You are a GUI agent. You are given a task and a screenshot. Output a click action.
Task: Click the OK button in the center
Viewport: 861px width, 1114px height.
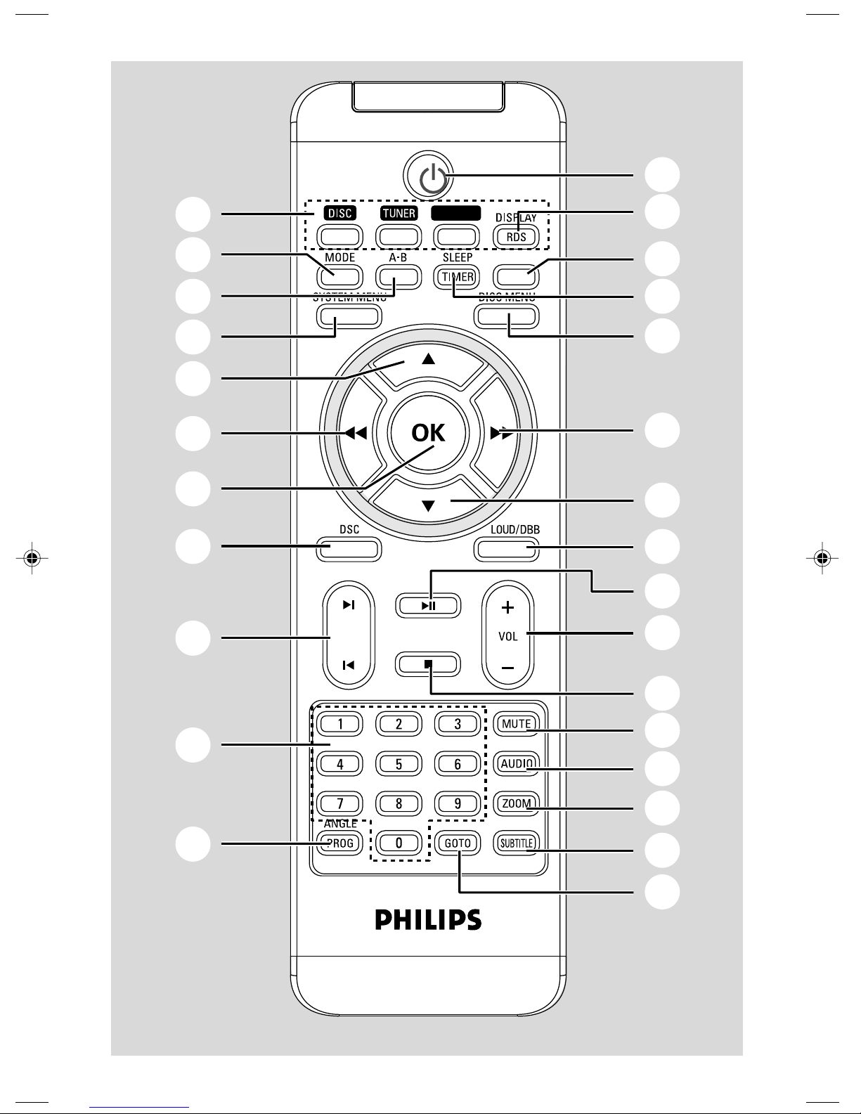pyautogui.click(x=428, y=432)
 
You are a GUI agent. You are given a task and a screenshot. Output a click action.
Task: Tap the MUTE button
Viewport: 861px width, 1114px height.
pyautogui.click(x=516, y=723)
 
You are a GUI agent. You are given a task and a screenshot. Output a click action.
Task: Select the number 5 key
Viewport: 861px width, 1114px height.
pyautogui.click(x=399, y=763)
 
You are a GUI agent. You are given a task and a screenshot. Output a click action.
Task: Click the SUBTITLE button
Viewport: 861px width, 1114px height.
pyautogui.click(x=516, y=843)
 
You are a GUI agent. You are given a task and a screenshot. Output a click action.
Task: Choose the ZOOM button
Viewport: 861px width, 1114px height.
pyautogui.click(x=516, y=803)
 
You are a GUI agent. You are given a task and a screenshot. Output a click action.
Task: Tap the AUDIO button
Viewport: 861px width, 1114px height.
pyautogui.click(x=516, y=763)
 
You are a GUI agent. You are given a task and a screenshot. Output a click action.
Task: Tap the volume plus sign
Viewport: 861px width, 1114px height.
pyautogui.click(x=508, y=607)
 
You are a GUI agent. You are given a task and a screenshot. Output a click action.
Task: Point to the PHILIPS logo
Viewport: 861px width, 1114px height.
pyautogui.click(x=428, y=919)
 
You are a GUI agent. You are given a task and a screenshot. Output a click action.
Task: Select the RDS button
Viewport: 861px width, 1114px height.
pyautogui.click(x=517, y=237)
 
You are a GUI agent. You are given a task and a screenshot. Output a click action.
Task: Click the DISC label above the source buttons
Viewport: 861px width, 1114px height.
pyautogui.click(x=340, y=213)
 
